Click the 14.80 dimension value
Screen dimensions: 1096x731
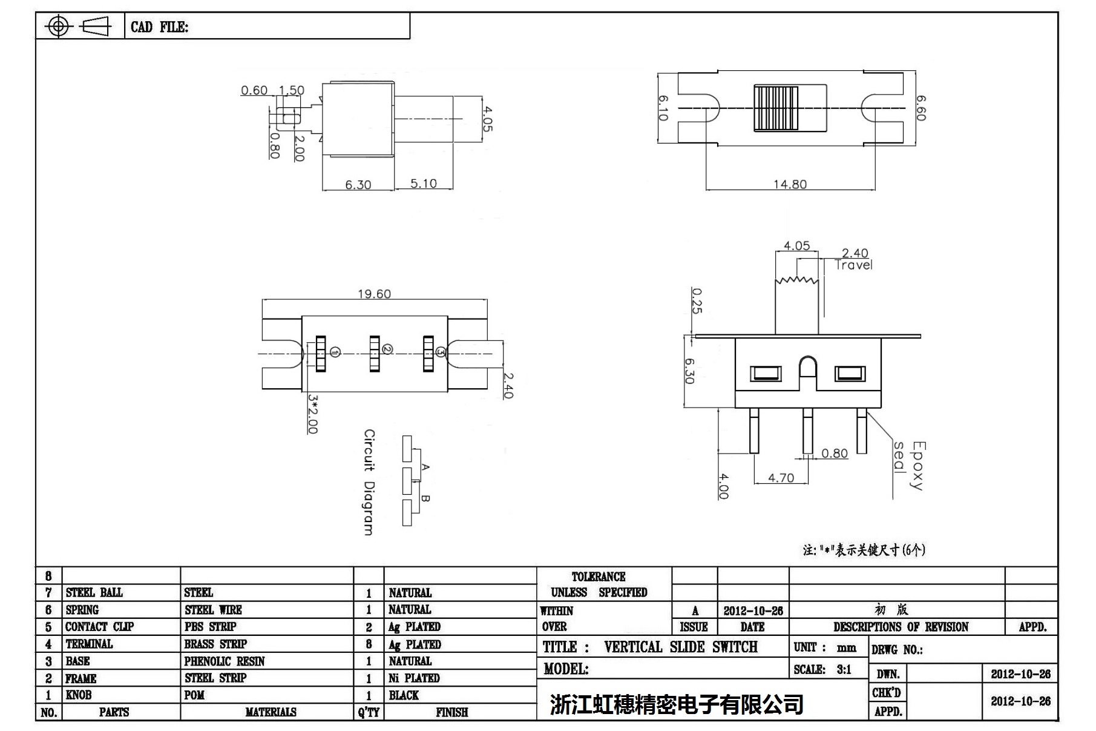pos(790,184)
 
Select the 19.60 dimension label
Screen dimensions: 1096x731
pos(374,294)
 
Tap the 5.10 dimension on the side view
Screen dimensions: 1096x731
pos(423,184)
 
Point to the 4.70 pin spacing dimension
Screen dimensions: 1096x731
pos(781,478)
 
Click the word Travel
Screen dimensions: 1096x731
pos(853,265)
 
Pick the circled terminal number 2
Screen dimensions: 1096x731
pos(387,349)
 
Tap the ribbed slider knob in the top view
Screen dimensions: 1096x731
pos(776,108)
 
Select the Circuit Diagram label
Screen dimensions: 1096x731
pos(369,482)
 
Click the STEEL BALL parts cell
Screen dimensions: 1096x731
pos(94,592)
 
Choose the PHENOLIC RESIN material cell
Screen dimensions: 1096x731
pos(225,661)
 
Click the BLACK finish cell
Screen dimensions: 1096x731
pos(404,695)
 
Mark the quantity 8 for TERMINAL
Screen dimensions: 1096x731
pos(369,644)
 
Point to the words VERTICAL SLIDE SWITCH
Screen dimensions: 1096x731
pos(680,647)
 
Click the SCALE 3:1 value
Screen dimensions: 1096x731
pos(844,669)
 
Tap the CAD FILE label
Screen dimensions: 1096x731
pos(159,27)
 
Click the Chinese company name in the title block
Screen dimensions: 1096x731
pos(677,704)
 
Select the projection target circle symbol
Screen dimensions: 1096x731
pos(58,26)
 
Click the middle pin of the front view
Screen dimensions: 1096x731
pos(807,431)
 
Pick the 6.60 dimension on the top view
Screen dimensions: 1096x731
pos(920,108)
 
